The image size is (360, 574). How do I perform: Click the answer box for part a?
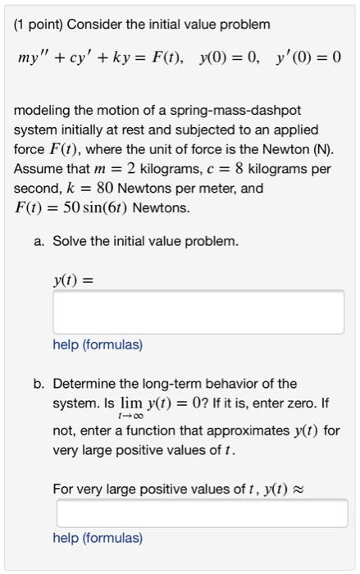pos(198,312)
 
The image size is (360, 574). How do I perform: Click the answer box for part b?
pos(202,513)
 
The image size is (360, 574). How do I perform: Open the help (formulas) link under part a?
pos(98,345)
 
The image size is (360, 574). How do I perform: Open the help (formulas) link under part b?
pos(98,539)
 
